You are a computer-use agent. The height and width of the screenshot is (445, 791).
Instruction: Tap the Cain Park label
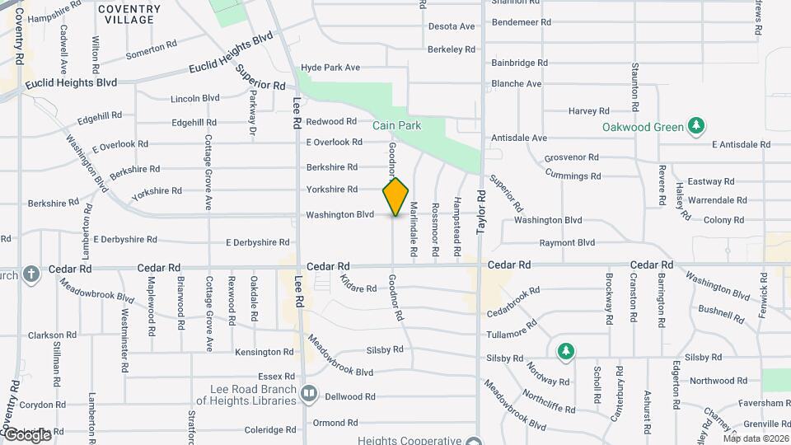(396, 125)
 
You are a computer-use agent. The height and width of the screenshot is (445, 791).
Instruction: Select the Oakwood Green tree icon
(698, 125)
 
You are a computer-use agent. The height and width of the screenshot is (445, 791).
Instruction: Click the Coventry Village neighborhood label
(129, 14)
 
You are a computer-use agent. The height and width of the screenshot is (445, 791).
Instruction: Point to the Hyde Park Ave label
(330, 68)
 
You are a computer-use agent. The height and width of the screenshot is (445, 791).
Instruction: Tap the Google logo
(26, 434)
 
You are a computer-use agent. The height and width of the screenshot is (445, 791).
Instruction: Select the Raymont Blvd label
(567, 243)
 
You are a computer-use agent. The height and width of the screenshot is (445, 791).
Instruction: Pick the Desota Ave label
(452, 26)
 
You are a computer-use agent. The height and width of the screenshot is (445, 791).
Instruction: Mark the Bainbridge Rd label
(519, 62)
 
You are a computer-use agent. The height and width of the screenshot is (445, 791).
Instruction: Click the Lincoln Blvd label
(194, 98)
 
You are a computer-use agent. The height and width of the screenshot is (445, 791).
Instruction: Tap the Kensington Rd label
(264, 352)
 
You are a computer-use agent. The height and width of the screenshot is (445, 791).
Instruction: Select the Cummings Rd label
(573, 176)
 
